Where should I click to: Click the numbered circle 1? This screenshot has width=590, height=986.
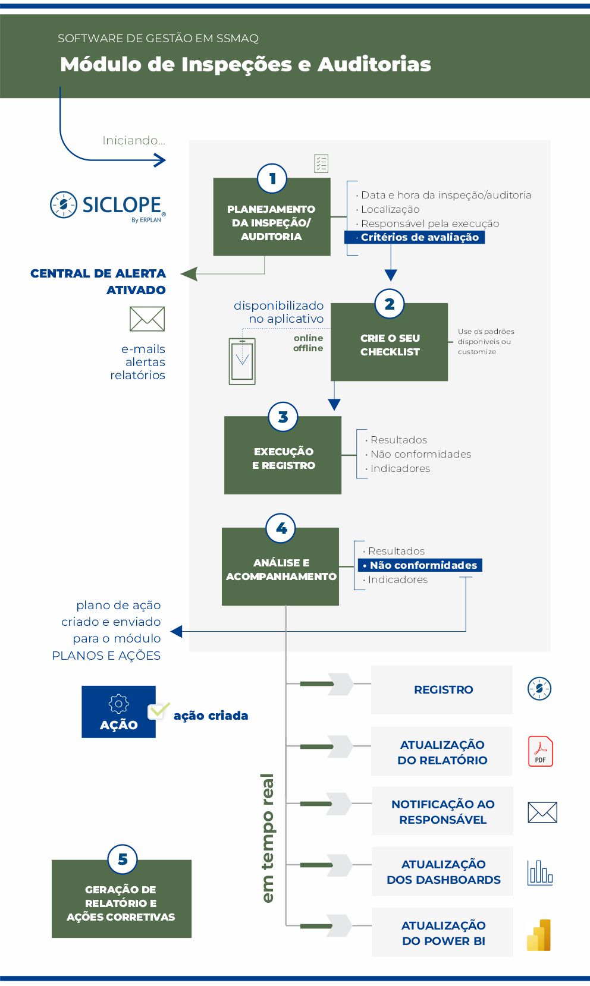click(x=272, y=179)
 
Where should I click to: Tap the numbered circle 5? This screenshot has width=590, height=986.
click(x=123, y=859)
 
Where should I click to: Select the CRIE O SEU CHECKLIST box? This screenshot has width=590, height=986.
click(x=390, y=342)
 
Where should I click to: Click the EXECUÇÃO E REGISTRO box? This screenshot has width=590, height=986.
click(x=283, y=455)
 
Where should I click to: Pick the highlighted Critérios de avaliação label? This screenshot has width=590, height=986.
click(x=415, y=237)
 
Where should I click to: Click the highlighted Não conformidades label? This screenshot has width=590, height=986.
click(x=420, y=565)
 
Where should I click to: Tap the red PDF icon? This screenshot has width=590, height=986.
click(x=541, y=751)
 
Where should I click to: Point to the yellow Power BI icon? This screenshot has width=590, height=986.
click(x=539, y=935)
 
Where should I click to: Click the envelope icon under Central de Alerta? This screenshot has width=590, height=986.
click(x=147, y=319)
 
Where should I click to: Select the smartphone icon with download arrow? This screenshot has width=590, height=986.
click(x=242, y=361)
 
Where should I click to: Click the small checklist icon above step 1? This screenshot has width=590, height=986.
click(x=321, y=163)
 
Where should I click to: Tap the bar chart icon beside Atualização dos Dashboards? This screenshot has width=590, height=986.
click(x=540, y=872)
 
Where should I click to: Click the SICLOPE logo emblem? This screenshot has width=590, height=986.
click(x=64, y=204)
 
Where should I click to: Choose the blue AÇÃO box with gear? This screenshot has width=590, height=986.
click(x=118, y=712)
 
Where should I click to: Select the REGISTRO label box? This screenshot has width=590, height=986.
click(x=442, y=689)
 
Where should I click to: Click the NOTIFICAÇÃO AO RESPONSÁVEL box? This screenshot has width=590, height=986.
click(x=443, y=811)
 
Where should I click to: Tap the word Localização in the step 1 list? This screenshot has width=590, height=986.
click(x=390, y=210)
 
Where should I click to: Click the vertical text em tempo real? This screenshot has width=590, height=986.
click(x=268, y=837)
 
